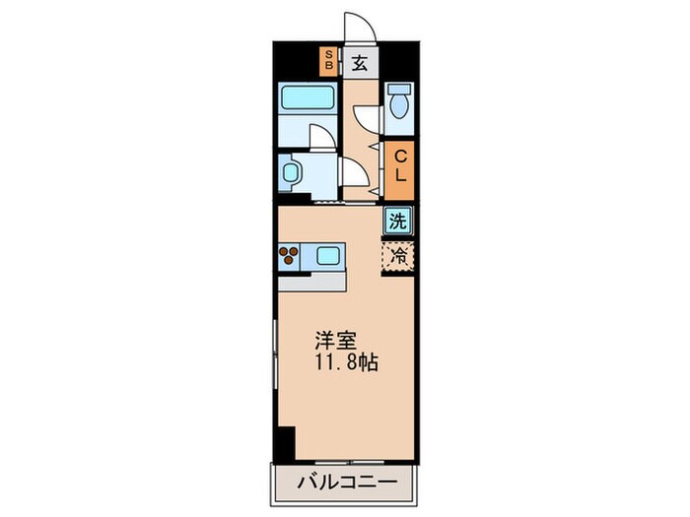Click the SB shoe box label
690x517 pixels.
tap(329, 61)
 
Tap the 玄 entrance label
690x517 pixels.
tap(360, 64)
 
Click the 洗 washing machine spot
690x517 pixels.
tap(397, 221)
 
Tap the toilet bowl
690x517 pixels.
tap(399, 103)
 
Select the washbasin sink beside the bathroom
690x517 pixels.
tap(292, 172)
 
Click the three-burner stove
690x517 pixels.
tap(291, 257)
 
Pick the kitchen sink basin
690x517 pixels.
tap(328, 257)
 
